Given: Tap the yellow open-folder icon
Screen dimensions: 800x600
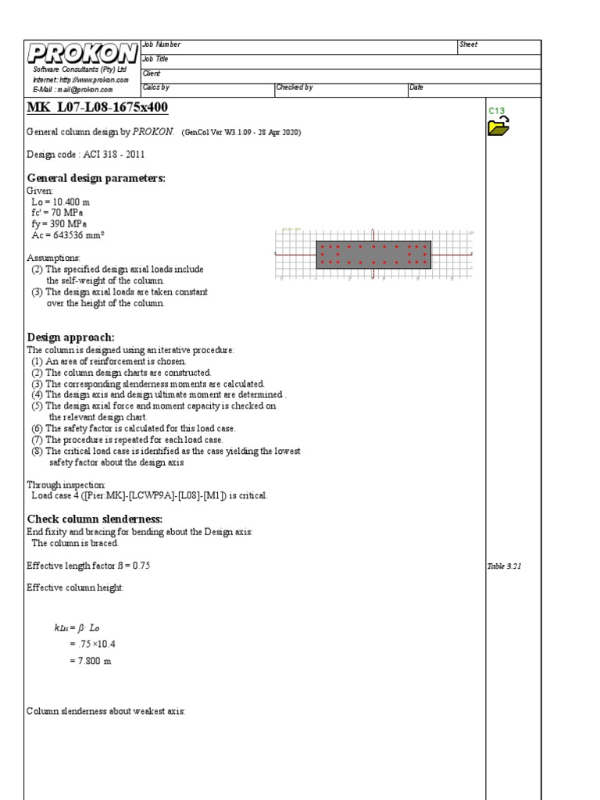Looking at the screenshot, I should [x=498, y=126].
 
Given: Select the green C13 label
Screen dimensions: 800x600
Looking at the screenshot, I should [x=497, y=111].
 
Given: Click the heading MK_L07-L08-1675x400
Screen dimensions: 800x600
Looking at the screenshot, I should [x=97, y=106].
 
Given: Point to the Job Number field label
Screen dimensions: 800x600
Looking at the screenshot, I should [x=161, y=45].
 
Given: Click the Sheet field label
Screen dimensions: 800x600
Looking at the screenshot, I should [x=468, y=45].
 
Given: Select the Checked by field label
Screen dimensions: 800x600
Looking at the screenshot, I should [x=294, y=87].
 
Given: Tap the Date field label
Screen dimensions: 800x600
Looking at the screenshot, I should [x=416, y=87].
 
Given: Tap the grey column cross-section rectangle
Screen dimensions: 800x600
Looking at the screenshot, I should [x=373, y=255].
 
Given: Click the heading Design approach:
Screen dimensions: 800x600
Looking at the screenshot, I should [x=71, y=337].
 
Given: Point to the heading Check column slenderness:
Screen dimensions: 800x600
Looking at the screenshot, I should [x=95, y=519].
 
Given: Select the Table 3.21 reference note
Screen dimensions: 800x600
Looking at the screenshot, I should [x=504, y=566].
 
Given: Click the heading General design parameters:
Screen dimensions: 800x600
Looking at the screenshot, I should [x=96, y=178].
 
